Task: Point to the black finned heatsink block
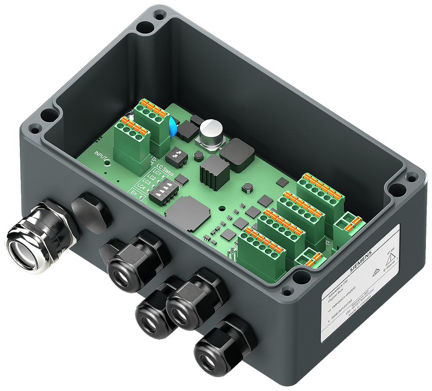pos(214,171)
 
